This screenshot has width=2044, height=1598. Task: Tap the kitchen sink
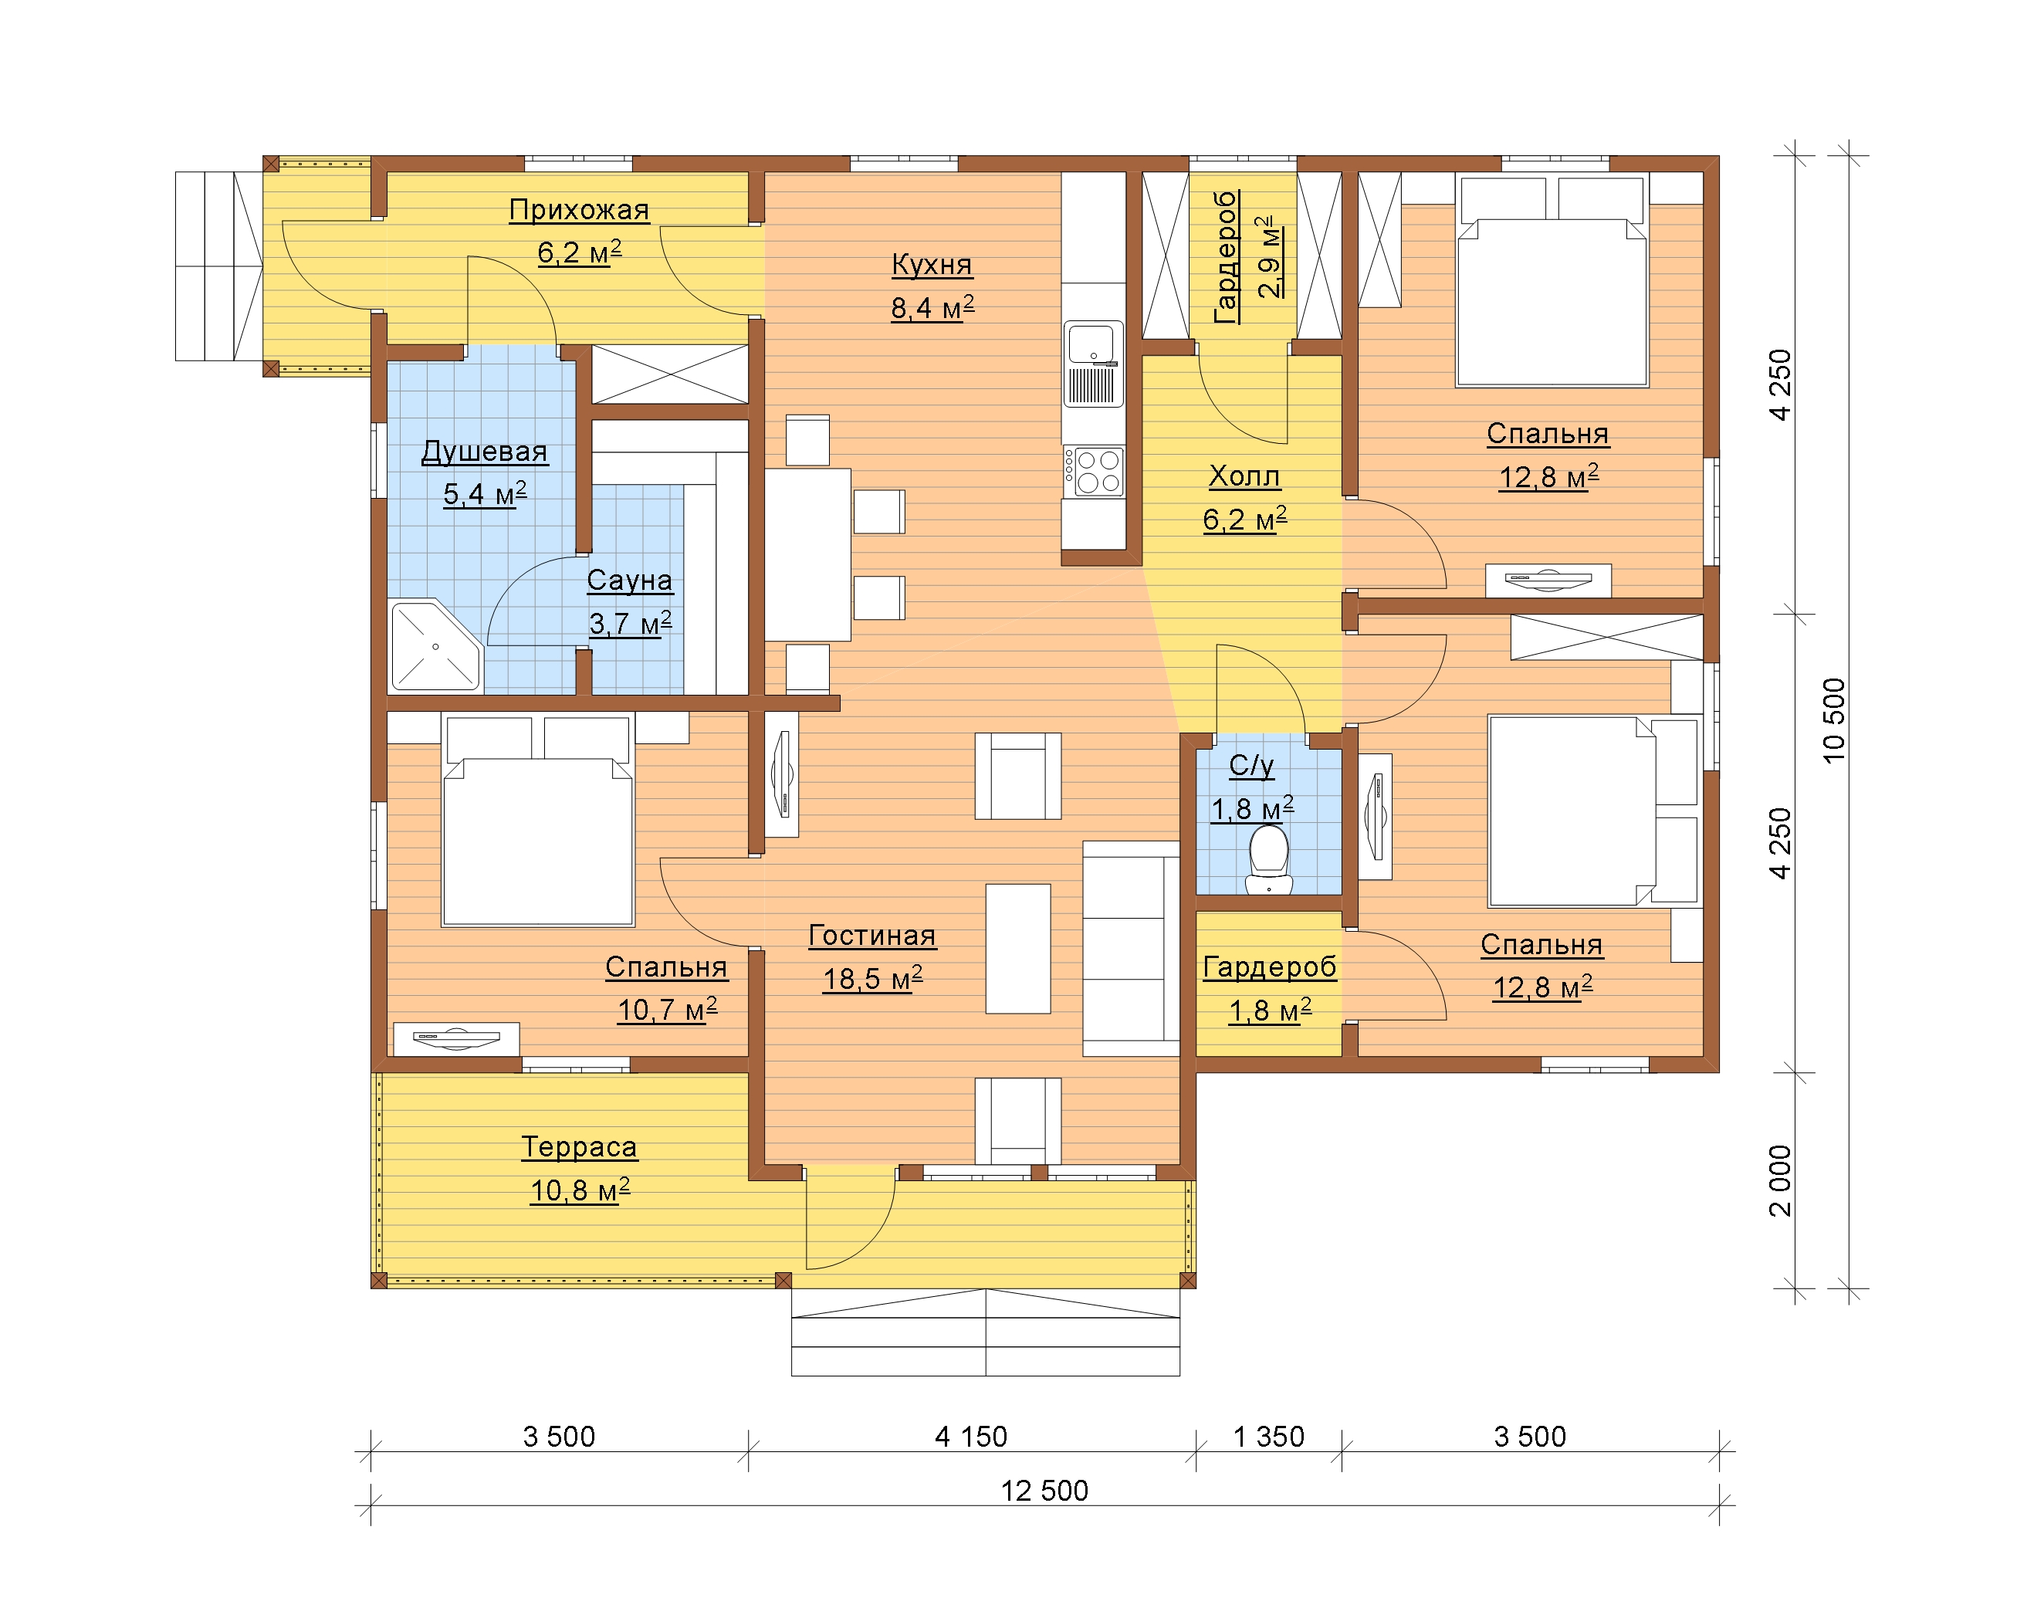[1093, 364]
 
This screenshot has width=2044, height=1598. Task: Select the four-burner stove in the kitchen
[1093, 472]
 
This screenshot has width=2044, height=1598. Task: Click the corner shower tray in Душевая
[435, 645]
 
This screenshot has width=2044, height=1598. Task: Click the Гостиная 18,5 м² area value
[872, 979]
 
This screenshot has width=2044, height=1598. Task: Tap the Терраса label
[580, 1147]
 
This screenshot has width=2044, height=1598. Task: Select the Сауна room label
[630, 581]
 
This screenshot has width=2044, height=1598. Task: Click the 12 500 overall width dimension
[1044, 1491]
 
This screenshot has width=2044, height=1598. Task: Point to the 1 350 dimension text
[1268, 1436]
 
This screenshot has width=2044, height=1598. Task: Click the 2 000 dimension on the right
[1781, 1180]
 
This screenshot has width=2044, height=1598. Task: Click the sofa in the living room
[1131, 948]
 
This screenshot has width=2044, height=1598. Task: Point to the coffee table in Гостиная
[1018, 948]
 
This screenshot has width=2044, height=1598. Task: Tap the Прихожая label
[580, 210]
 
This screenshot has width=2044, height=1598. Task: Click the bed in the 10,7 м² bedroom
[538, 821]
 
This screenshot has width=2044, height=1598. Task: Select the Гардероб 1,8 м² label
[1269, 989]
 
